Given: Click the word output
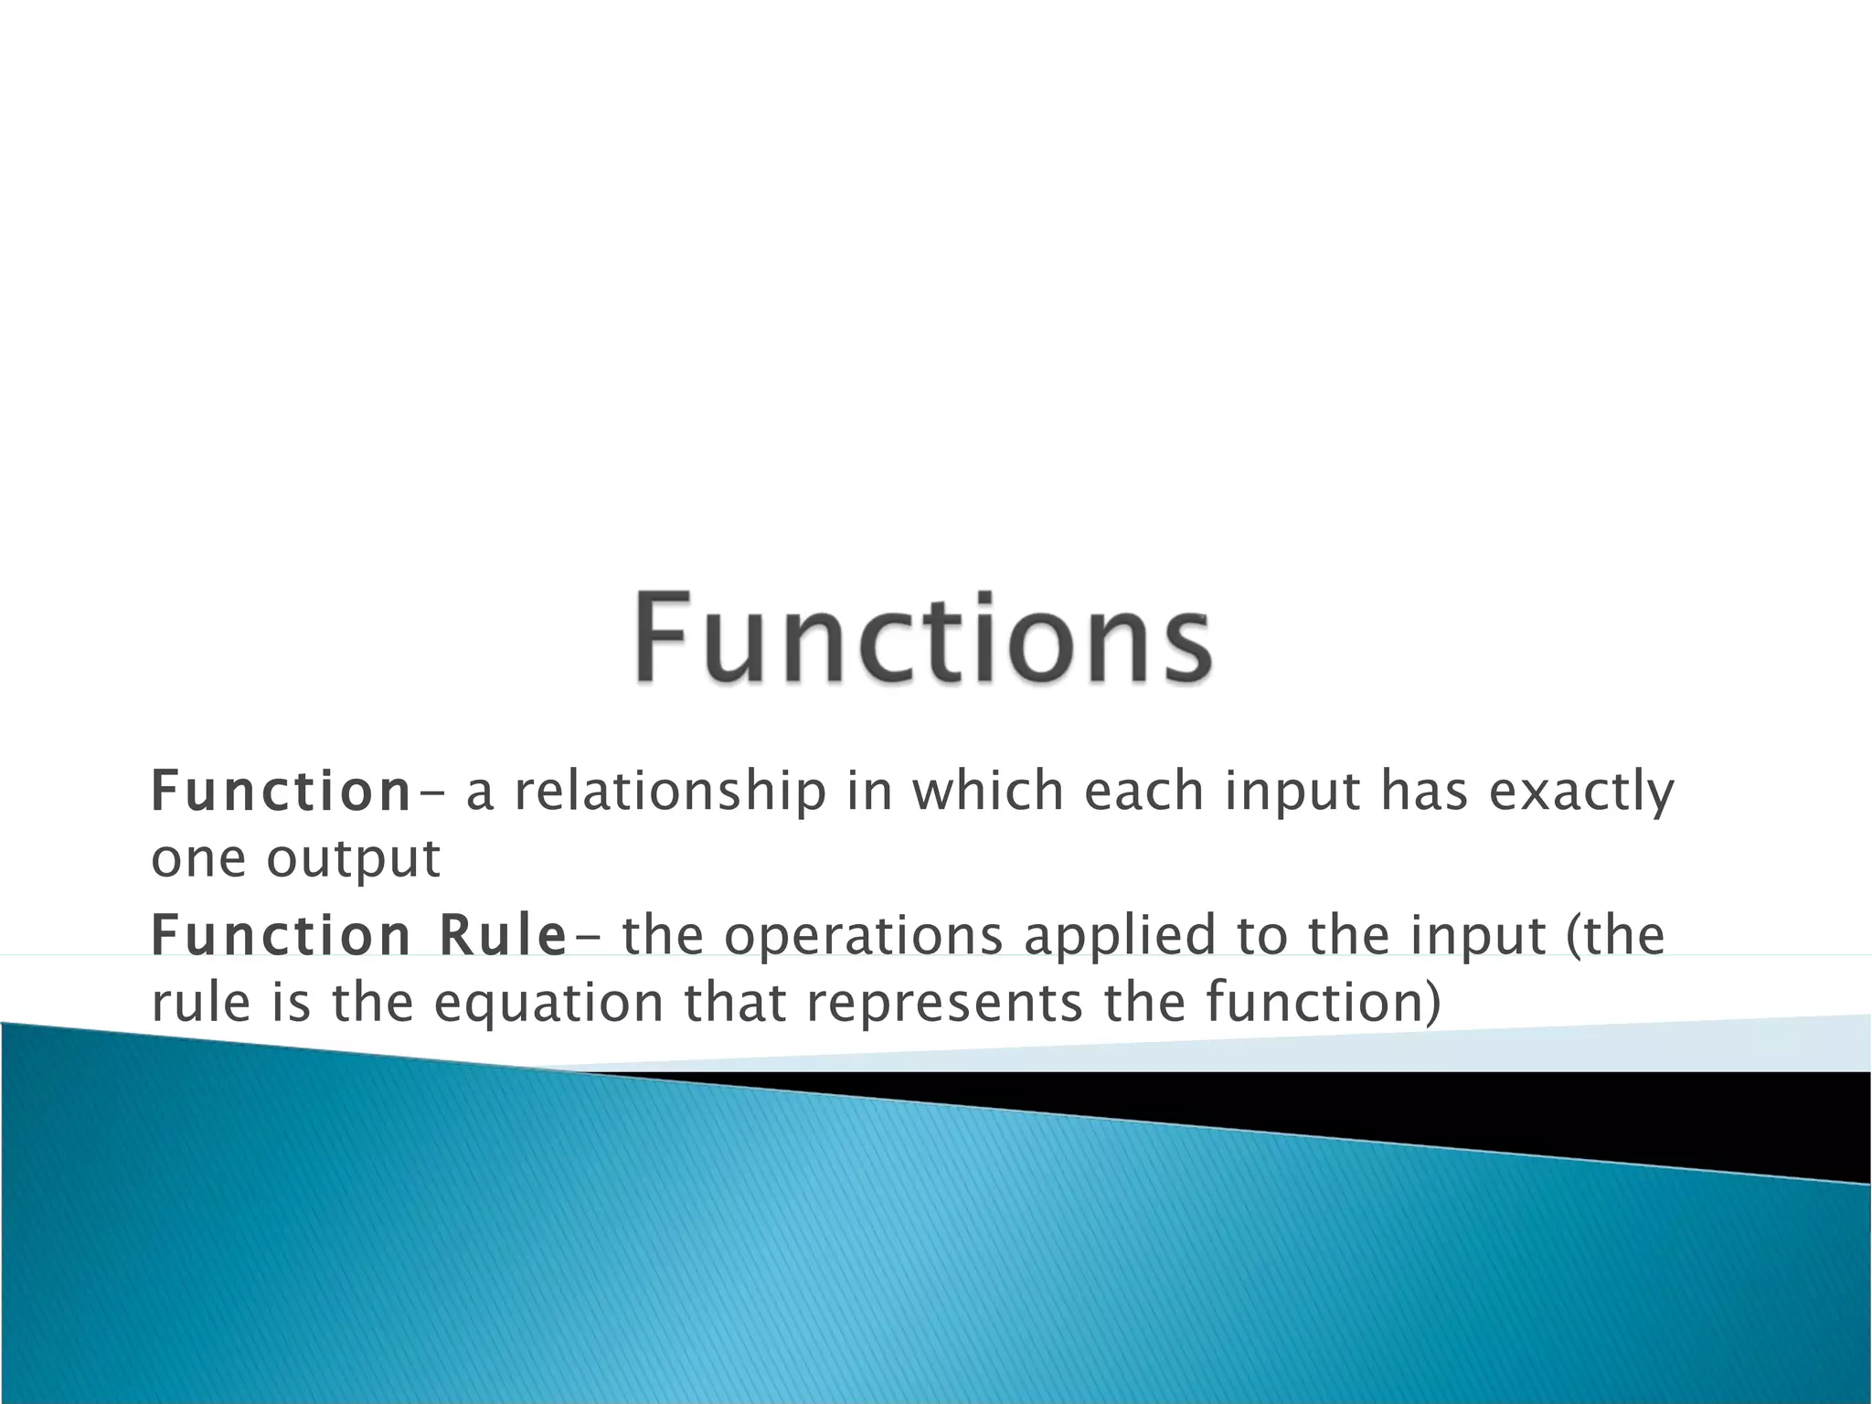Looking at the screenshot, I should click(353, 860).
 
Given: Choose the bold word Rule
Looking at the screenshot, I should click(502, 935).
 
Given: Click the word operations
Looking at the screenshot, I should click(863, 935).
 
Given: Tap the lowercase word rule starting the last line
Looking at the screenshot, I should click(200, 1002).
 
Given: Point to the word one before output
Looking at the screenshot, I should click(198, 860).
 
